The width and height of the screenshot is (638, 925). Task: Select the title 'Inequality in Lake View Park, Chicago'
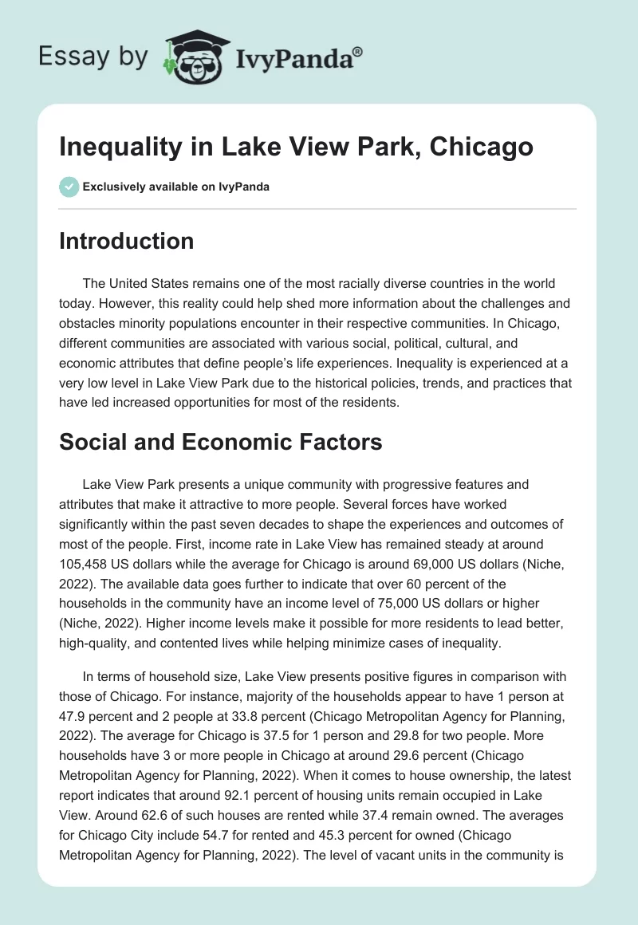point(296,148)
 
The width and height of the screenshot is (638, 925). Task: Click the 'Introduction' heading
point(126,241)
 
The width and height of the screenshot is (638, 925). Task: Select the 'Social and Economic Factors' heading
point(220,442)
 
